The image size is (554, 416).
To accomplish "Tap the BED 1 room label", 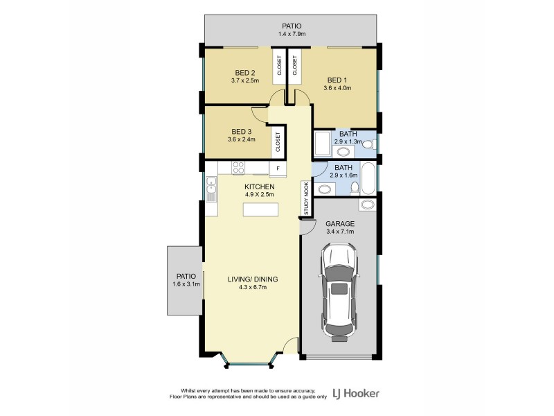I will point(337,79).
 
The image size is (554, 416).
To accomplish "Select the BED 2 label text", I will point(245,73).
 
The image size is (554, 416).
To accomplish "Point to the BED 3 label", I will point(242,131).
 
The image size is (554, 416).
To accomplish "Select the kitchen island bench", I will point(260,210).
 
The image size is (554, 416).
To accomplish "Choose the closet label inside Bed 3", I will point(278,141).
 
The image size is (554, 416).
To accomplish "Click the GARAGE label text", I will point(340,224).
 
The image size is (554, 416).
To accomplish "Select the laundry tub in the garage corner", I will point(366,205).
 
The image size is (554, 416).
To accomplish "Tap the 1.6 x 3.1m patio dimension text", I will point(186,284).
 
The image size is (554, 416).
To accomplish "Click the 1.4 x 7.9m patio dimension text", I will point(292,33).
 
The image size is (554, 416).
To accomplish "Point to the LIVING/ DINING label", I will point(253,279).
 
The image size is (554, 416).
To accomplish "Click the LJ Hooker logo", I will point(355,393).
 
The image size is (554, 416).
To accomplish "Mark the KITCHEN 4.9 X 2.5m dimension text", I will point(260,195).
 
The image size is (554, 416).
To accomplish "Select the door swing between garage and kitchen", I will point(306,226).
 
